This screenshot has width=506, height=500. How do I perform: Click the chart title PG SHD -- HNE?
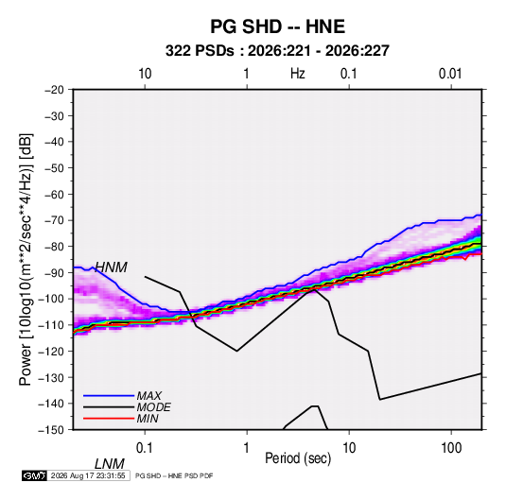pos(277,26)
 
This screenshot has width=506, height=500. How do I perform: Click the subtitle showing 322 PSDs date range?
pos(277,51)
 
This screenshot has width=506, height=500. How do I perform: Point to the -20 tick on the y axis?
pos(54,90)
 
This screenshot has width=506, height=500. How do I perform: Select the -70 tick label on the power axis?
pos(54,220)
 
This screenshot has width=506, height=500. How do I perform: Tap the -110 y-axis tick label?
pos(52,325)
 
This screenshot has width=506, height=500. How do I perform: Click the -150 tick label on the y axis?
pos(52,430)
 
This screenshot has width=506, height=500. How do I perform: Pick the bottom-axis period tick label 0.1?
pos(145,448)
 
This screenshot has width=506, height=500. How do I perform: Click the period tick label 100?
pos(451,448)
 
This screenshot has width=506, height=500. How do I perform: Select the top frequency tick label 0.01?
pos(450,74)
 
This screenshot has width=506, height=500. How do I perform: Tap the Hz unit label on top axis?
pos(298,74)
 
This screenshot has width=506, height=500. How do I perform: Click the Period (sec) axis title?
pos(298,458)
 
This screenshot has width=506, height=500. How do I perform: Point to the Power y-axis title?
pos(26,259)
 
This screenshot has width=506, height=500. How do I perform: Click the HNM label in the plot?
pos(111,267)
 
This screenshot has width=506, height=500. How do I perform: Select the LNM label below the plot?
pos(110,464)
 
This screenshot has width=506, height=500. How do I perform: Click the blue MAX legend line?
pos(109,396)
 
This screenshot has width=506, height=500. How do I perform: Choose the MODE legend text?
pos(153,407)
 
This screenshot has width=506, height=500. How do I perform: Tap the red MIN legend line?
pos(109,419)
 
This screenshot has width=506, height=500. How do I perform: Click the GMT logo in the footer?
pos(34,475)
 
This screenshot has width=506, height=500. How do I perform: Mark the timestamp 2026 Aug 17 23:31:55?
pos(88,475)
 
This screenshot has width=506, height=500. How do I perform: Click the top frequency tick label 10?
pos(145,74)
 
